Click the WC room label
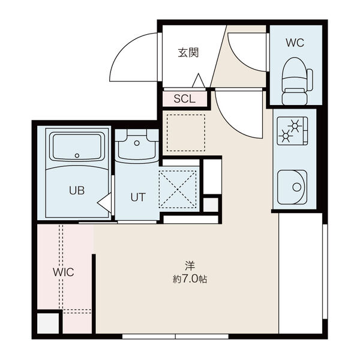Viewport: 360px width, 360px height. point(295,43)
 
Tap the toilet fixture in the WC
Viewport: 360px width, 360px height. point(297,81)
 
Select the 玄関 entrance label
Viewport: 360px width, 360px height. point(188,53)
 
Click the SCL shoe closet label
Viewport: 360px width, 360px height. point(185,99)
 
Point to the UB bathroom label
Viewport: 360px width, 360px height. point(77,190)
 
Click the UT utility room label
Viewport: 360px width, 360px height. point(138,197)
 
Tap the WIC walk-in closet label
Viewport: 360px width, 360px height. point(64,272)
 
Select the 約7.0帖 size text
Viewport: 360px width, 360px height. point(190,279)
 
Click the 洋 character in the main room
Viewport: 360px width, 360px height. point(190,266)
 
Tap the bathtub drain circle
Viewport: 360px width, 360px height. point(77,155)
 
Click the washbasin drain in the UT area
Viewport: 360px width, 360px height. point(137,143)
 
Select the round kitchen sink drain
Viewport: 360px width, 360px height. point(297,187)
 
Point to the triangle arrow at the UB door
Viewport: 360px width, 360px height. point(104,202)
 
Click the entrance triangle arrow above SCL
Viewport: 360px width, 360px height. point(199,80)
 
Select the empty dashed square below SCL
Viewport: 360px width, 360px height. point(186,133)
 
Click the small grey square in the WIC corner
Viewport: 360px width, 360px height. point(48,323)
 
